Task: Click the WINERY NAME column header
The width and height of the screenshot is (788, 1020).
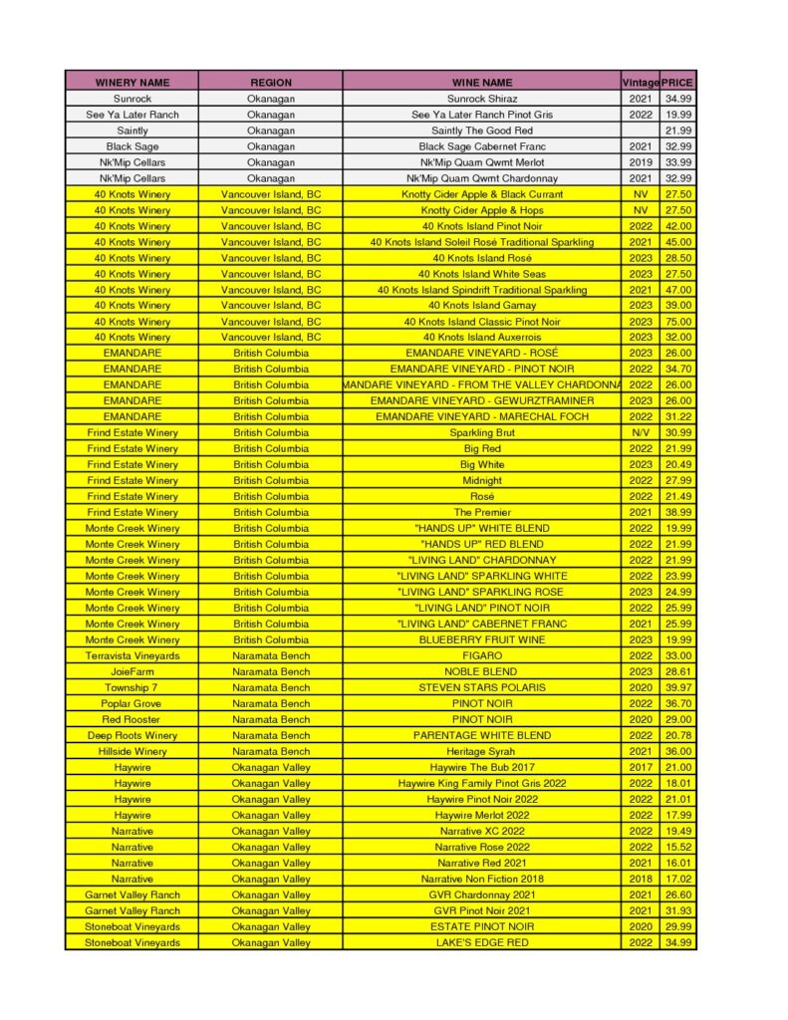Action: pyautogui.click(x=131, y=83)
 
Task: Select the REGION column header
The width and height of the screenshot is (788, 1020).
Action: pyautogui.click(x=271, y=83)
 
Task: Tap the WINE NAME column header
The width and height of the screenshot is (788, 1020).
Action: pyautogui.click(x=481, y=83)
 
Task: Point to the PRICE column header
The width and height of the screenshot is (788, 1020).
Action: pyautogui.click(x=678, y=83)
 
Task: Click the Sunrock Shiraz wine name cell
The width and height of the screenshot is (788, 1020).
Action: pyautogui.click(x=481, y=99)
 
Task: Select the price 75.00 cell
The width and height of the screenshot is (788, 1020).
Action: pyautogui.click(x=678, y=322)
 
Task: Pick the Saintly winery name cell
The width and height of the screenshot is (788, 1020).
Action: pyautogui.click(x=131, y=130)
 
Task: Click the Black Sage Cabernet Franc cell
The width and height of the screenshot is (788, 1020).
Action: pyautogui.click(x=481, y=146)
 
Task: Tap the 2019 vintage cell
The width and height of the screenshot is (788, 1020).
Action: pyautogui.click(x=641, y=162)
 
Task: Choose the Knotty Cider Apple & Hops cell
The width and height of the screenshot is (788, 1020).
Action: pyautogui.click(x=481, y=210)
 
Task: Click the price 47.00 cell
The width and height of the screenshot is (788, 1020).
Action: pyautogui.click(x=678, y=290)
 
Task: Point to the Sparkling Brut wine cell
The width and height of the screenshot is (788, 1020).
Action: pyautogui.click(x=481, y=433)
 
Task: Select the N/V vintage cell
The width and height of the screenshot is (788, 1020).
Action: pyautogui.click(x=641, y=433)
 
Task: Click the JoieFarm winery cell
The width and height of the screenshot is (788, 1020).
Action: pyautogui.click(x=131, y=672)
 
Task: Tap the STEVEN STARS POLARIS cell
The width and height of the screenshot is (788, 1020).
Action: pyautogui.click(x=481, y=687)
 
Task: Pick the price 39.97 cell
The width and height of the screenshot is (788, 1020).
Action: pyautogui.click(x=678, y=687)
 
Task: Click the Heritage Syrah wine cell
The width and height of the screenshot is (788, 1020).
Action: pyautogui.click(x=481, y=751)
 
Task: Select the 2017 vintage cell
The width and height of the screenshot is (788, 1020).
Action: pyautogui.click(x=641, y=767)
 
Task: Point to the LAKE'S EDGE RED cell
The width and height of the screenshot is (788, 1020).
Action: pyautogui.click(x=481, y=942)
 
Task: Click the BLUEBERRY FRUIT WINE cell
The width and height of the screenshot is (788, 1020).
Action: pyautogui.click(x=481, y=639)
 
